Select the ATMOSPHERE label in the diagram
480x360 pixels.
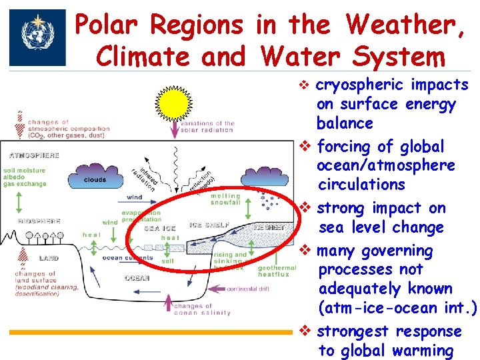tap(34, 155)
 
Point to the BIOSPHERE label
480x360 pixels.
tap(31, 221)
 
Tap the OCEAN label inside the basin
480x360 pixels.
tap(137, 277)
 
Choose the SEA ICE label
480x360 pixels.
tap(160, 227)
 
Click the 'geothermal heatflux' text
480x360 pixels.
tap(272, 269)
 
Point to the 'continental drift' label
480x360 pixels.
tap(247, 289)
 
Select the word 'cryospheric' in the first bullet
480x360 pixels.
tap(359, 85)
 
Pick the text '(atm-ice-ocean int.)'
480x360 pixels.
tap(397, 307)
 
